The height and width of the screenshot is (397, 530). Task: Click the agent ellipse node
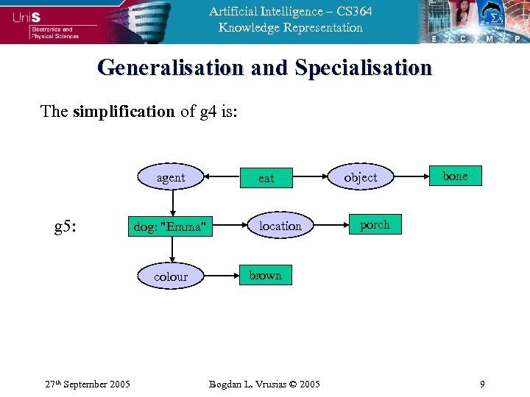[x=171, y=177]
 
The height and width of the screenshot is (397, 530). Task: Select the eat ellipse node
[x=266, y=177]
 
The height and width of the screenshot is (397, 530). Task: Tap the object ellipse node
[x=360, y=177]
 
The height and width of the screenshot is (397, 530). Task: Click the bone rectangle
[x=455, y=176]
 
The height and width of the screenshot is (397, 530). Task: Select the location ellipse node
[x=280, y=226]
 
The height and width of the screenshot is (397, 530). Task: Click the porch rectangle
[x=375, y=225]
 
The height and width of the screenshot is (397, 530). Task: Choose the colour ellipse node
[x=171, y=276]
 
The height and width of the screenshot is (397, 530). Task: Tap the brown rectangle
[x=265, y=275]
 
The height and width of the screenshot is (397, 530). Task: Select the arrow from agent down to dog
[x=172, y=201]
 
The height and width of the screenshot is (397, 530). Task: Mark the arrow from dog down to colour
[x=172, y=251]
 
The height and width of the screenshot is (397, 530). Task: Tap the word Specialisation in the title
[x=363, y=68]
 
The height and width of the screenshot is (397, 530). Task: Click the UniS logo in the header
[x=29, y=16]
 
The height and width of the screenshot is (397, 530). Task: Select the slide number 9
[x=481, y=384]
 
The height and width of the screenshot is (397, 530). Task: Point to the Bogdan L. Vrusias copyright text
[x=264, y=384]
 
